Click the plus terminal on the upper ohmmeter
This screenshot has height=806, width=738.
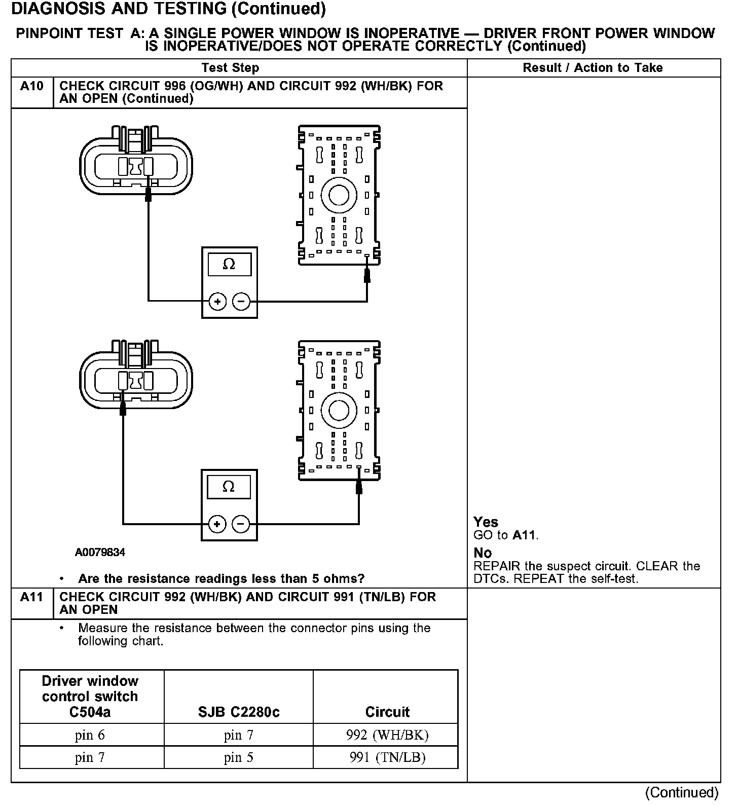[x=217, y=302]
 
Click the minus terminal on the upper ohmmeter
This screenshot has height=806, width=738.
[x=241, y=302]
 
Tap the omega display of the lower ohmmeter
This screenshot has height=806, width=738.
[x=229, y=487]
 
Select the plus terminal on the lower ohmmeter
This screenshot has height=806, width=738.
[x=217, y=524]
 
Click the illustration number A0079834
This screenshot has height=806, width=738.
[x=100, y=552]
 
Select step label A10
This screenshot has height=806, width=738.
[x=32, y=86]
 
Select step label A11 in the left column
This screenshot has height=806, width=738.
[x=32, y=597]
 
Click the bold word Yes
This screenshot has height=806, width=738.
[x=486, y=522]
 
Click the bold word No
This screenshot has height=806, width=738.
[x=483, y=553]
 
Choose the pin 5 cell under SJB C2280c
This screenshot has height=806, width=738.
[x=238, y=757]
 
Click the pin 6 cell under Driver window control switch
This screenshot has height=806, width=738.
[x=90, y=735]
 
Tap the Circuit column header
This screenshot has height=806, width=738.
[x=387, y=712]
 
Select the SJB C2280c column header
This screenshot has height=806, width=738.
[x=238, y=712]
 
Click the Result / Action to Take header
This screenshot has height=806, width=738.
[x=593, y=68]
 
